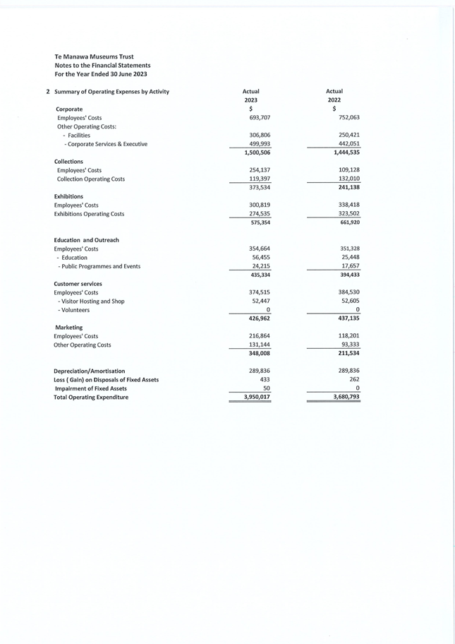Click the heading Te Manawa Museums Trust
pos(94,56)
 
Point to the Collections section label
pos(68,162)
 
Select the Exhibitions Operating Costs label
pos(89,214)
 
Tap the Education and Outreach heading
pos(86,240)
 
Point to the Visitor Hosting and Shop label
pos(91,301)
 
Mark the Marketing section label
pos(68,328)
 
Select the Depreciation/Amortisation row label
pos(90,371)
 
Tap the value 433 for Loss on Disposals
pos(265,380)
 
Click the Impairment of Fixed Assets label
pos(90,388)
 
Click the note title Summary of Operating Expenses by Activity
pos(111,92)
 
